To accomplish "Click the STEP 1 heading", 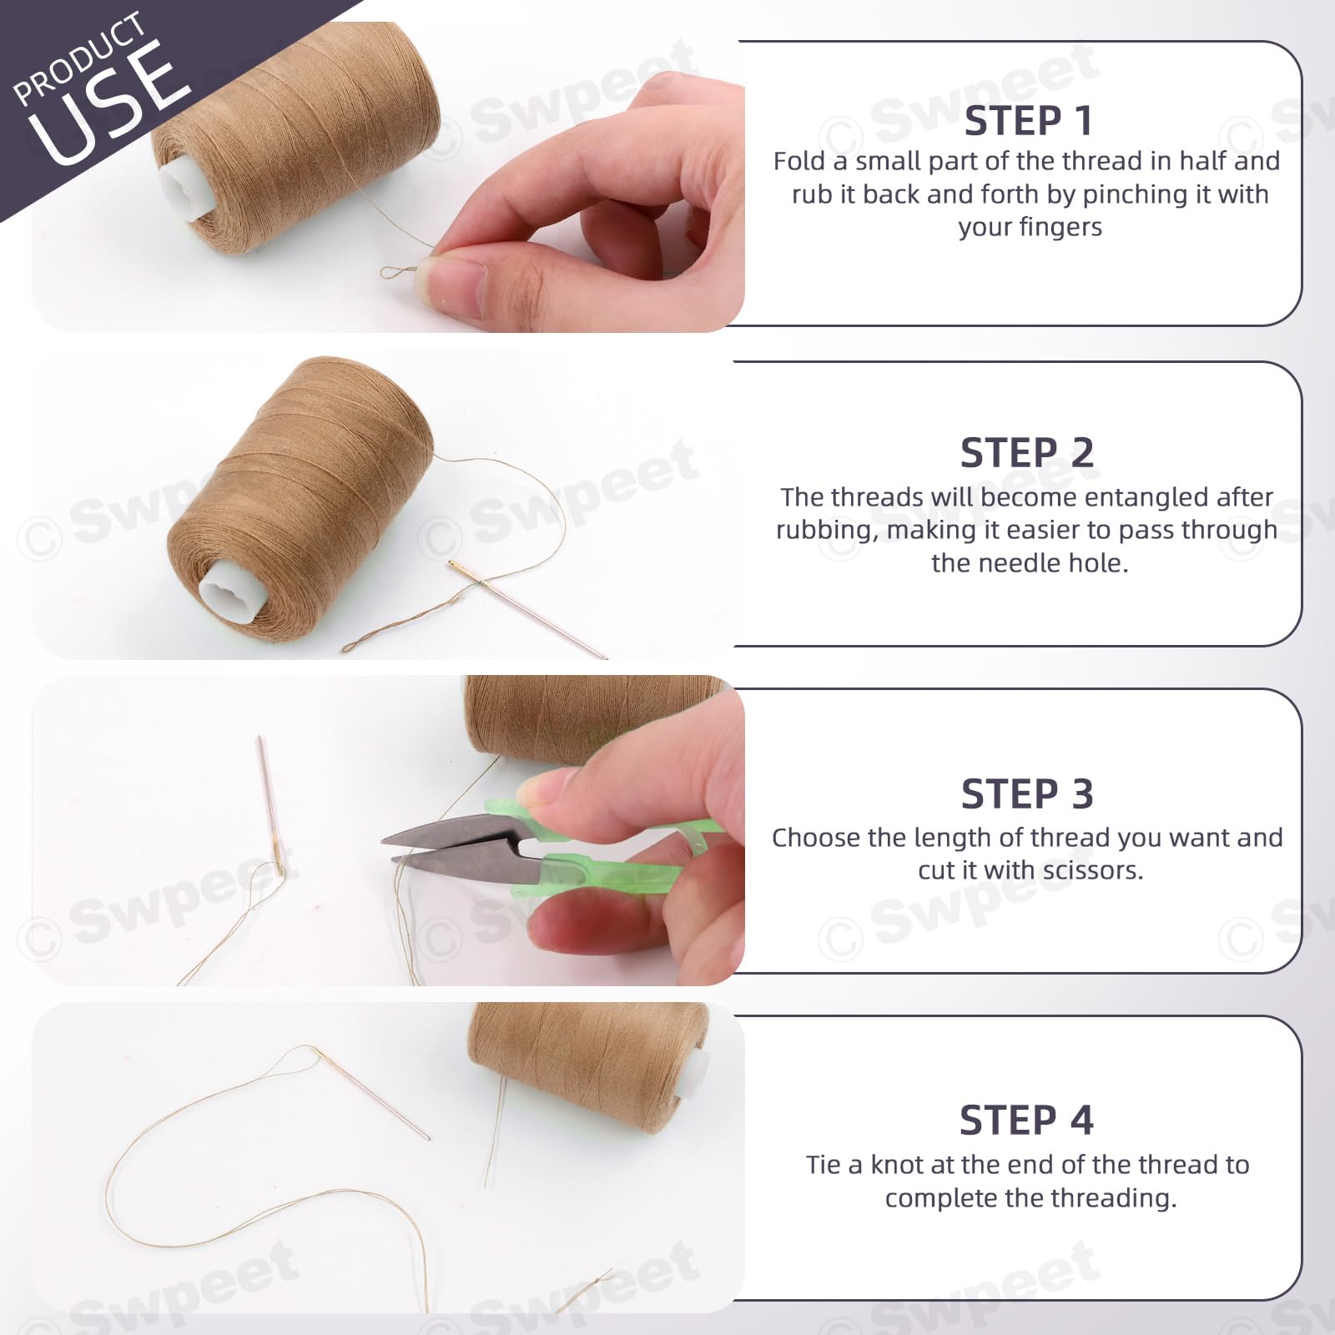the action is click(1028, 121).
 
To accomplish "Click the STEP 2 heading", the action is click(1027, 453).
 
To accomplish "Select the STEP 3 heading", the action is click(1027, 793).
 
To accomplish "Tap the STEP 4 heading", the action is click(1026, 1120).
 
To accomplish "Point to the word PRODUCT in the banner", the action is click(79, 58).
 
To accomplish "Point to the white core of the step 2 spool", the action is click(226, 592).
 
